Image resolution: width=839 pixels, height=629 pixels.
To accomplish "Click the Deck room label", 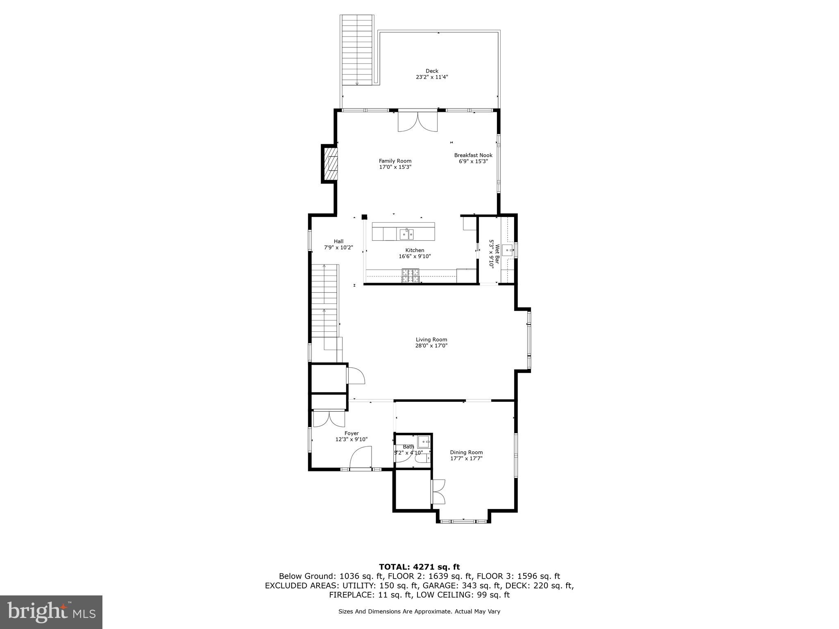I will (x=432, y=71).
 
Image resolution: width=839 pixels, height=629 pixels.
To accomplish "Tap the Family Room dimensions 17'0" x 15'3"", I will (x=395, y=167).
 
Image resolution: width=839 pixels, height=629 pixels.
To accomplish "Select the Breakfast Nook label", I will (x=473, y=155).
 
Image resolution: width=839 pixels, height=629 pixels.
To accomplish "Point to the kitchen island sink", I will (x=406, y=234).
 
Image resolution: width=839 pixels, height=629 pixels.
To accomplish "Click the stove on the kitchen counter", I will (x=410, y=276).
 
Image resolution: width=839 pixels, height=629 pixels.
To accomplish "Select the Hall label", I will (x=338, y=241).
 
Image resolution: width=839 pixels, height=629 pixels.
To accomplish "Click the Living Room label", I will (x=431, y=339).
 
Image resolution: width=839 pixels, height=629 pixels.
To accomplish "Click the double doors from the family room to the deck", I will (x=417, y=122).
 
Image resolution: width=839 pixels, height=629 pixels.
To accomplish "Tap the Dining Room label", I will (x=466, y=453).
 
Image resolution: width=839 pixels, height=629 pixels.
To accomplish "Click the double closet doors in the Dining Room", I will (x=438, y=491).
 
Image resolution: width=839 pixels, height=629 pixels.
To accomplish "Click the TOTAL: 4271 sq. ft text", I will (x=419, y=567).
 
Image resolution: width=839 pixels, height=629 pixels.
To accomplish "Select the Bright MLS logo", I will (x=51, y=612).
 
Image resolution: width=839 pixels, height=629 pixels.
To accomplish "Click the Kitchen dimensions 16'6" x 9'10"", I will (x=415, y=256).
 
